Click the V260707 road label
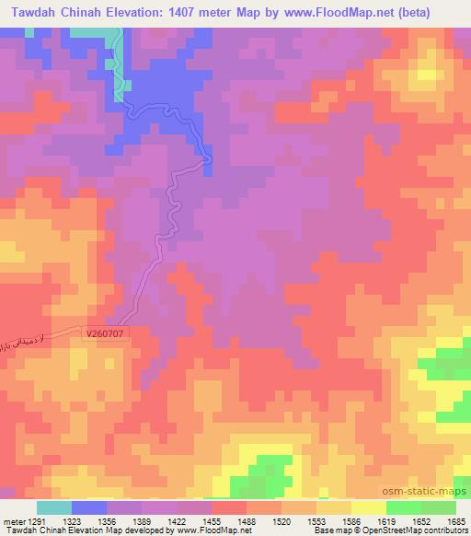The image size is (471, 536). (105, 336)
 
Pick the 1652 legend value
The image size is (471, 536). (422, 520)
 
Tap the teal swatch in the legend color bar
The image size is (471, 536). (54, 507)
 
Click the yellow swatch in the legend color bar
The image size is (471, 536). (369, 507)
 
